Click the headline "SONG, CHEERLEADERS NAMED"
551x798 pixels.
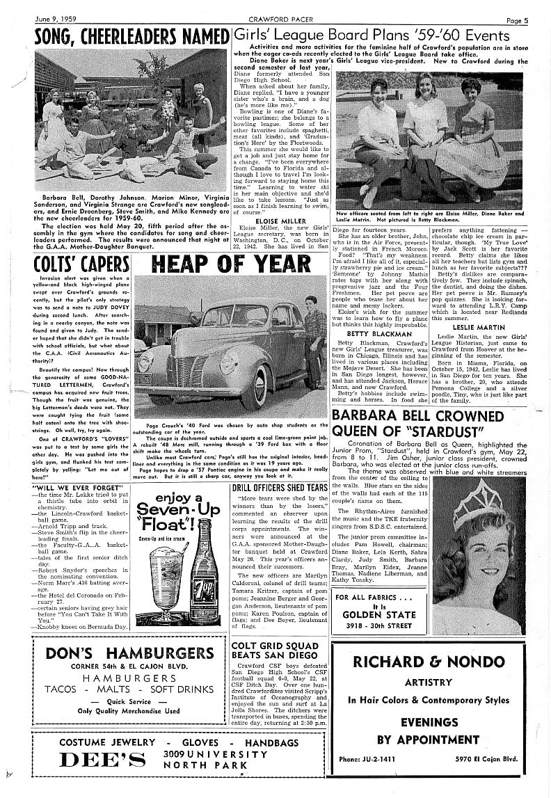[131, 36]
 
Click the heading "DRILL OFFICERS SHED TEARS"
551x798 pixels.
[279, 488]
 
